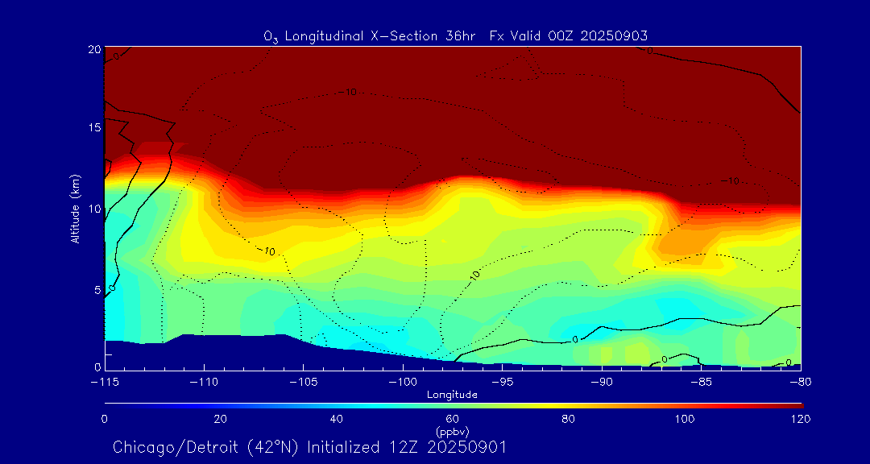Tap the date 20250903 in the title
point(615,35)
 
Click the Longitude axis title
point(453,394)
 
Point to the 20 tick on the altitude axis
point(93,49)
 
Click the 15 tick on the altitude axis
point(93,128)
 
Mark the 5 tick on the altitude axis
point(97,288)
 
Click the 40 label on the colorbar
point(336,419)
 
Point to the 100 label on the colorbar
point(685,419)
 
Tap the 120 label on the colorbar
point(801,419)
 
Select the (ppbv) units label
point(453,432)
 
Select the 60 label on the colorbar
point(453,419)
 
